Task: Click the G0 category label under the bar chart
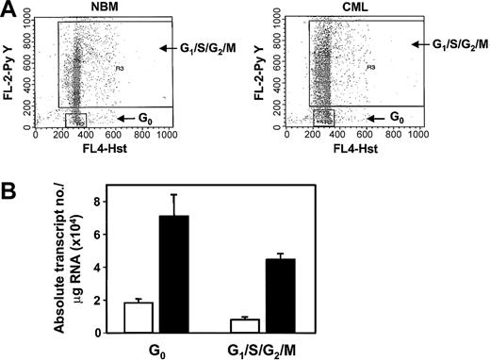(x=157, y=351)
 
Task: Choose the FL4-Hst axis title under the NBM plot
(x=101, y=147)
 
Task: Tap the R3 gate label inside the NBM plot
(x=120, y=68)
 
